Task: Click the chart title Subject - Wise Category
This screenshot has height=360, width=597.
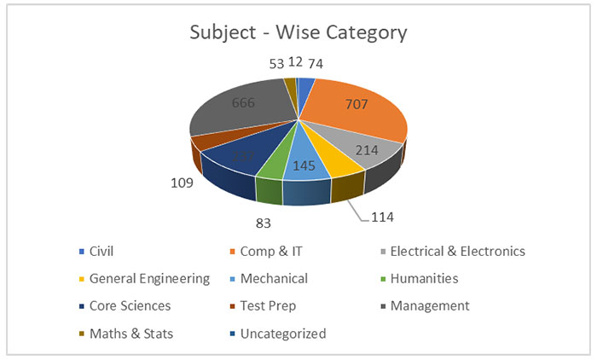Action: point(298,34)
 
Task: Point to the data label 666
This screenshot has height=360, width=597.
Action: point(244,103)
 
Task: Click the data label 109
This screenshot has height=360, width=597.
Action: point(181,183)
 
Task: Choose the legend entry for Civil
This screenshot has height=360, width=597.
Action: point(101,251)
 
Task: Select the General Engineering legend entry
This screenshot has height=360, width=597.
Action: point(149,278)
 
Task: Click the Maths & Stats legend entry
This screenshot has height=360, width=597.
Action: point(130,333)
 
